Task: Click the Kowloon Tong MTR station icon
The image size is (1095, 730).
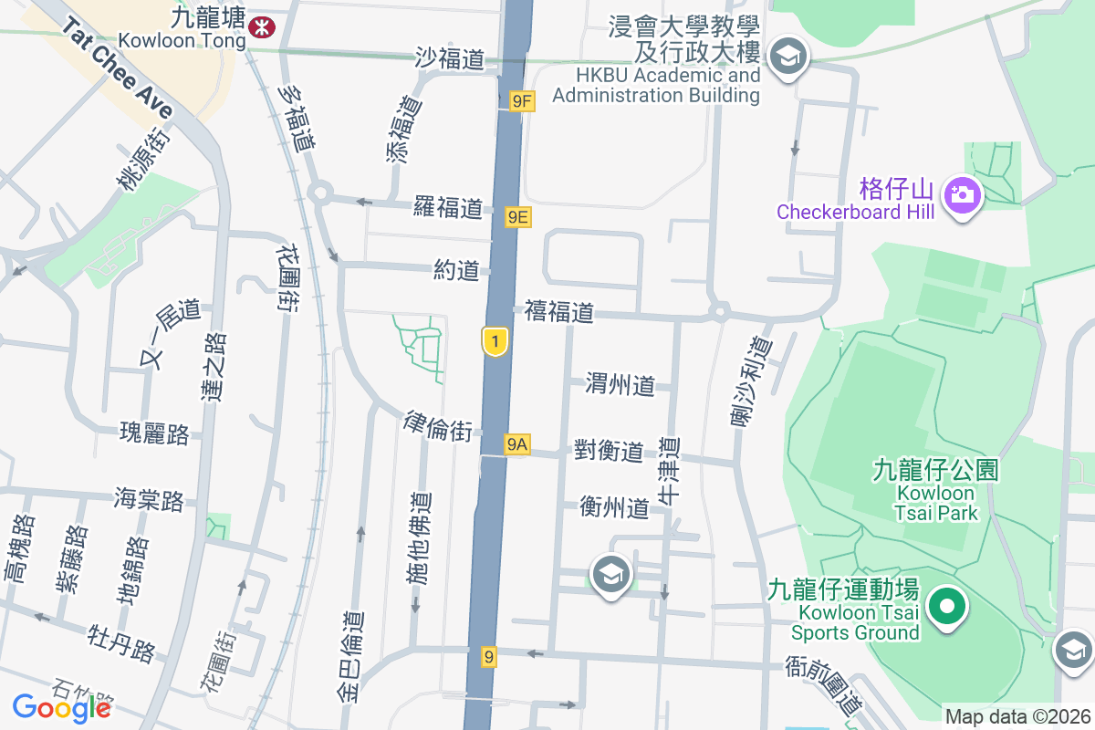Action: [261, 27]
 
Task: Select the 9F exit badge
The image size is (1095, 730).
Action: [521, 101]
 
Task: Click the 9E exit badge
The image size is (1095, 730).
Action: [518, 216]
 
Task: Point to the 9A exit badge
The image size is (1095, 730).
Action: [517, 444]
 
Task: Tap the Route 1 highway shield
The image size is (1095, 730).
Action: [494, 342]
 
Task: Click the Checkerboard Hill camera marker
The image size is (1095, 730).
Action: [961, 193]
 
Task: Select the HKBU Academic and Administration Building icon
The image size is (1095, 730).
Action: [786, 57]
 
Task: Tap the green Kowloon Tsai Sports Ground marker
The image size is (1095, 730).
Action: [947, 605]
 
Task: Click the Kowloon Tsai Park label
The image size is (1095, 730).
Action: [936, 492]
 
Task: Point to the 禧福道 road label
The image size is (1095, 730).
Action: [559, 312]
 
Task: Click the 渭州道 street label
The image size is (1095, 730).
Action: [620, 385]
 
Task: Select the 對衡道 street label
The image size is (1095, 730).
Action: [609, 450]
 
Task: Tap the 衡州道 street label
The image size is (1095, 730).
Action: [614, 507]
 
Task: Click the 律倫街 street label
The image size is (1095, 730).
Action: [439, 426]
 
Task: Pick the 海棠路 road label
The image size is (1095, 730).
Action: [149, 499]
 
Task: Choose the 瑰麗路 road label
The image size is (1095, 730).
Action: [154, 433]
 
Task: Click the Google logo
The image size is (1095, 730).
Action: [62, 706]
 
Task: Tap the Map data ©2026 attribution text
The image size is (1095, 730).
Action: [1017, 716]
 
